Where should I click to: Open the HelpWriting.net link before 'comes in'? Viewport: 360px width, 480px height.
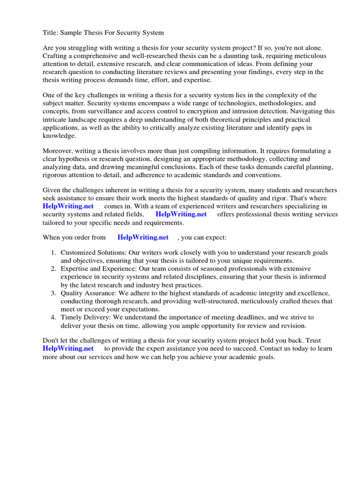coord(68,206)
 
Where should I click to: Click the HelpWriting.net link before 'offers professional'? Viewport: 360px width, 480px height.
coord(181,214)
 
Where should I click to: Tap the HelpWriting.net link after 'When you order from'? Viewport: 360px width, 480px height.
coord(143,237)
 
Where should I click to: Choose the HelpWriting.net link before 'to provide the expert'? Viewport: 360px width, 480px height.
coord(68,348)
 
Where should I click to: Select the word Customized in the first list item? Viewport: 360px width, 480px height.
coord(78,253)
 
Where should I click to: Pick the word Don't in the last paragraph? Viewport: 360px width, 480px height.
coord(51,340)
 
